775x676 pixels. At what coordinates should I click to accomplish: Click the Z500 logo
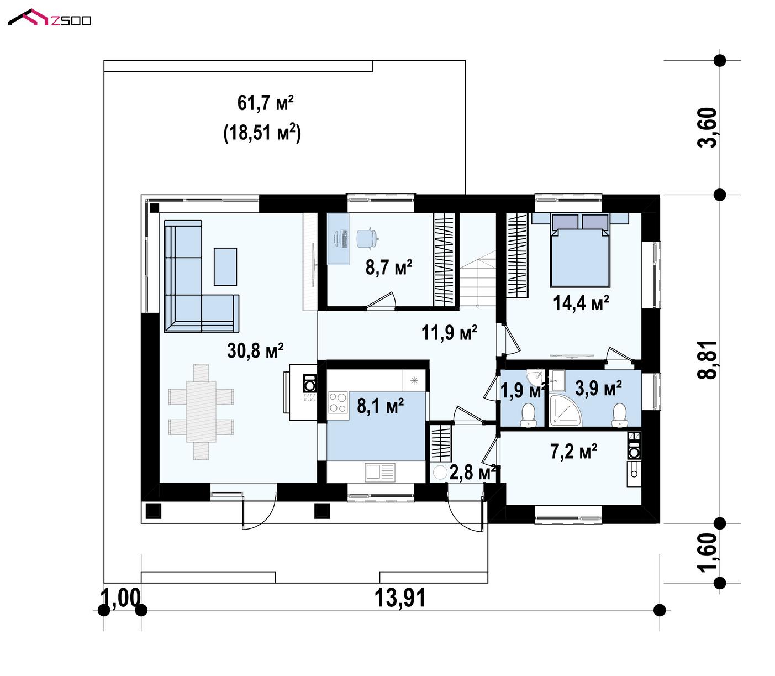coord(50,18)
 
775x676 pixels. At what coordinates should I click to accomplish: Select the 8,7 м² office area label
coord(389,267)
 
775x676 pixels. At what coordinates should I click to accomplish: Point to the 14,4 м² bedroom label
coord(581,303)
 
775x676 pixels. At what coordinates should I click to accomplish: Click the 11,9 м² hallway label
coord(449,332)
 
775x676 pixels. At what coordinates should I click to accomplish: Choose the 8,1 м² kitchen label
coord(380,406)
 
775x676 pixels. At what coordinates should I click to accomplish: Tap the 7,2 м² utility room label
coord(573,451)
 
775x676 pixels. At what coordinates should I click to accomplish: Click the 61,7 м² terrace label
coord(265,103)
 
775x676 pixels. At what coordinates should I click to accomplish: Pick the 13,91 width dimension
coord(400,598)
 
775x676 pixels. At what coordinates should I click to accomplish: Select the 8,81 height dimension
coord(707,360)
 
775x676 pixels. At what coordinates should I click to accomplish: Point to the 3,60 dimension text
coord(707,128)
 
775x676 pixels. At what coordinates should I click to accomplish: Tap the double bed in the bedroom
coord(580,250)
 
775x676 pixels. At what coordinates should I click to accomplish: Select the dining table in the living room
coord(201,411)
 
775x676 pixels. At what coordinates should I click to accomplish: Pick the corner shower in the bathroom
coord(566,410)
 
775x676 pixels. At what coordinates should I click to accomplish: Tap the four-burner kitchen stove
coord(338,402)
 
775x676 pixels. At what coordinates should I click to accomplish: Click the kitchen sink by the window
coord(380,472)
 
